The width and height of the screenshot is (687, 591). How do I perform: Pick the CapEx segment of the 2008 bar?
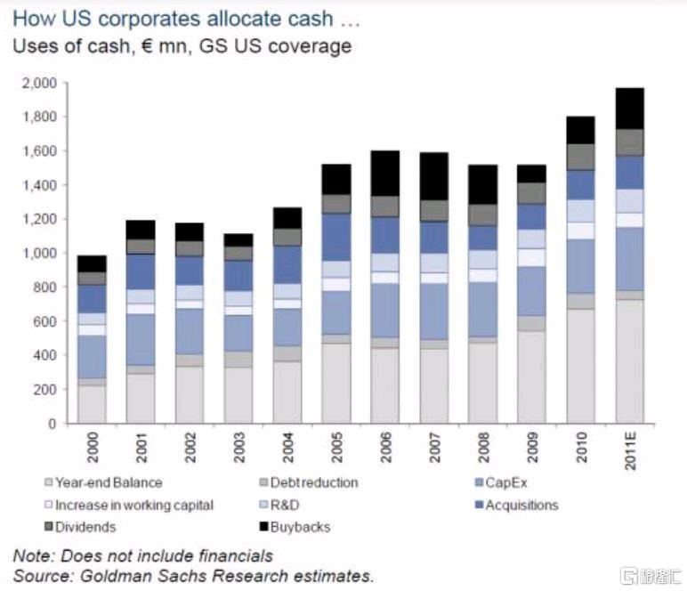coord(482,309)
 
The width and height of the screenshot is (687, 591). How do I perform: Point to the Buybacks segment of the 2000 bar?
coord(92,263)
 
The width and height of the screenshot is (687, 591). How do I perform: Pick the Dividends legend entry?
coord(85,526)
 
